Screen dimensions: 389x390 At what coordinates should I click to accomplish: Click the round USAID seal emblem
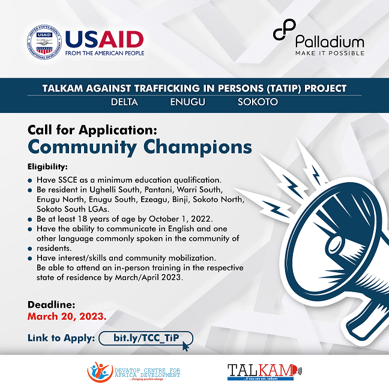point(44,42)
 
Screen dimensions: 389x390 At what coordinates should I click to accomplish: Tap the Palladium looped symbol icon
point(285,29)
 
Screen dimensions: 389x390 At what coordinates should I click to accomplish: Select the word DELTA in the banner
point(124,102)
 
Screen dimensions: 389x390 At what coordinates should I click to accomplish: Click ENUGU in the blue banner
point(187,102)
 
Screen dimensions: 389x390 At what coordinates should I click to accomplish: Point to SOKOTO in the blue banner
point(258,102)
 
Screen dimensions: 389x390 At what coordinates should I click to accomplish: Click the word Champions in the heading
point(198,147)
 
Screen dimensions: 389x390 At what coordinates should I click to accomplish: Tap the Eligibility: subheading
point(47,166)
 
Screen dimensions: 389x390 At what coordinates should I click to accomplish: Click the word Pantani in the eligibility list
point(158,189)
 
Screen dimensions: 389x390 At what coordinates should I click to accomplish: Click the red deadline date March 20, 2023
point(67,316)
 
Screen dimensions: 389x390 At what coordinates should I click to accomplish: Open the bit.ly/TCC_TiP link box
point(146,338)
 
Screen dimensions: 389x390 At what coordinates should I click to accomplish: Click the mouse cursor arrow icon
point(185,346)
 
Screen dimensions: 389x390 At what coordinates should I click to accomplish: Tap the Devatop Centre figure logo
point(100,372)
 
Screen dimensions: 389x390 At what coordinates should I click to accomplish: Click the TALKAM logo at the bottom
point(265,372)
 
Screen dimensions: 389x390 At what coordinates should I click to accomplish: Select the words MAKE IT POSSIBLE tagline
point(330,53)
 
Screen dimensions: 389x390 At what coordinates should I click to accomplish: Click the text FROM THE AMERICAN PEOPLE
point(104,53)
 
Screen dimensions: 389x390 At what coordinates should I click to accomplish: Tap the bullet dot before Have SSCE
point(30,180)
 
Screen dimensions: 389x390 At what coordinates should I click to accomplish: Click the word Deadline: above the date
point(51,305)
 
